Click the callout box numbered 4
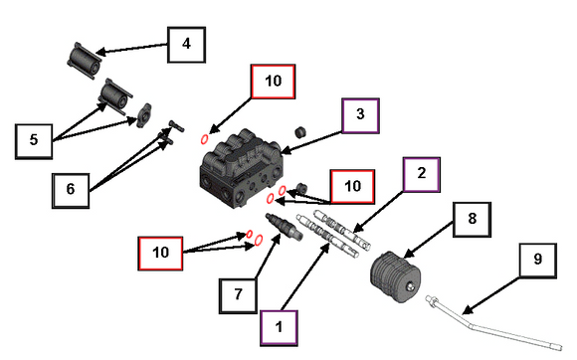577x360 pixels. click(186, 45)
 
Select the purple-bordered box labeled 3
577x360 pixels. click(360, 115)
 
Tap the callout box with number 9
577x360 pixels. click(537, 261)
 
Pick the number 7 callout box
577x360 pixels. click(238, 295)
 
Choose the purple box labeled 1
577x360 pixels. click(279, 328)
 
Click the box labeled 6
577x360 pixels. click(71, 191)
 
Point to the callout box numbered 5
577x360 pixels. click(34, 141)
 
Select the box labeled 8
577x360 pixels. click(472, 220)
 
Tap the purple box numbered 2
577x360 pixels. click(422, 175)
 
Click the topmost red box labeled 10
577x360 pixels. click(273, 82)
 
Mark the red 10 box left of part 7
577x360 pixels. click(160, 254)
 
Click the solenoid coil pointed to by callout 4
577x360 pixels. click(85, 61)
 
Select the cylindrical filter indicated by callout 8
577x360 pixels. click(395, 276)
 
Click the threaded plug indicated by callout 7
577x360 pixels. click(284, 227)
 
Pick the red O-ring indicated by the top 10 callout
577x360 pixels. click(204, 139)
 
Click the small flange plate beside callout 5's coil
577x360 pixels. click(143, 115)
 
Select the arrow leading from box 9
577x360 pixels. click(490, 296)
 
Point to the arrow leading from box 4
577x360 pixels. click(131, 49)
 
